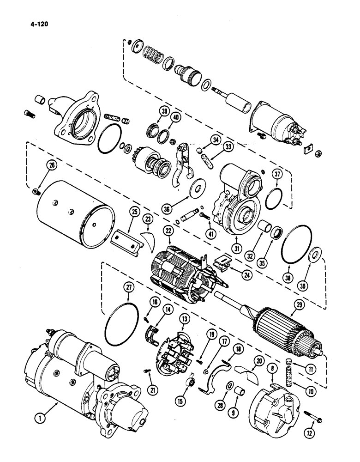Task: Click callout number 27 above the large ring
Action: (x=129, y=287)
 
